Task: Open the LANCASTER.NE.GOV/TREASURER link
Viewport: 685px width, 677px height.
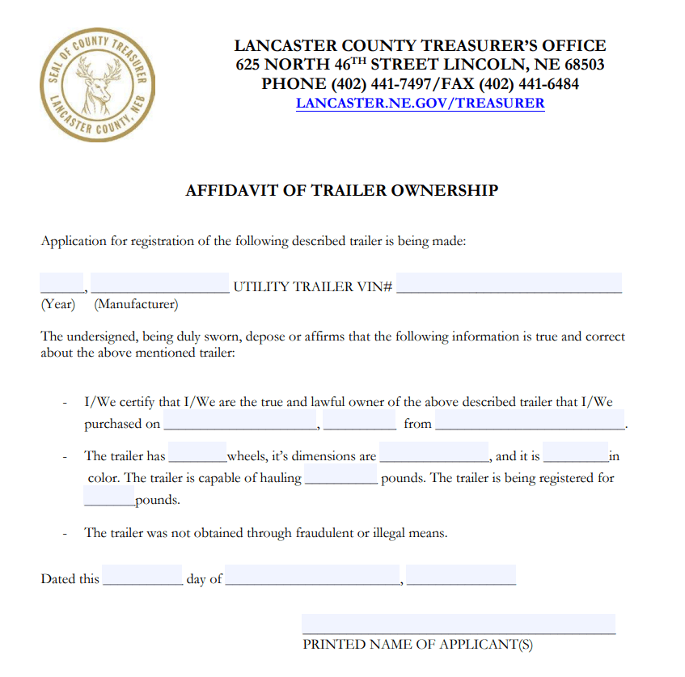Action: (x=420, y=103)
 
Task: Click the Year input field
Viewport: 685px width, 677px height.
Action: (x=61, y=283)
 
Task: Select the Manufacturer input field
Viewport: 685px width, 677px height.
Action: (x=160, y=283)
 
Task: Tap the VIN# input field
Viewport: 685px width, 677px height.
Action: (x=510, y=283)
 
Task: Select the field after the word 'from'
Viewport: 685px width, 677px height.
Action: (x=530, y=421)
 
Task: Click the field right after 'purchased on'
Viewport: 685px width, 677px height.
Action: (x=239, y=421)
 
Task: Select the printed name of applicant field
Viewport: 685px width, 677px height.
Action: (x=459, y=624)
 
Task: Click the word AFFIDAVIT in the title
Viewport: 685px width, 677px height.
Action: (x=228, y=191)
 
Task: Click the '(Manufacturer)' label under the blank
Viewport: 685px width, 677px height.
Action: (x=136, y=305)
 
